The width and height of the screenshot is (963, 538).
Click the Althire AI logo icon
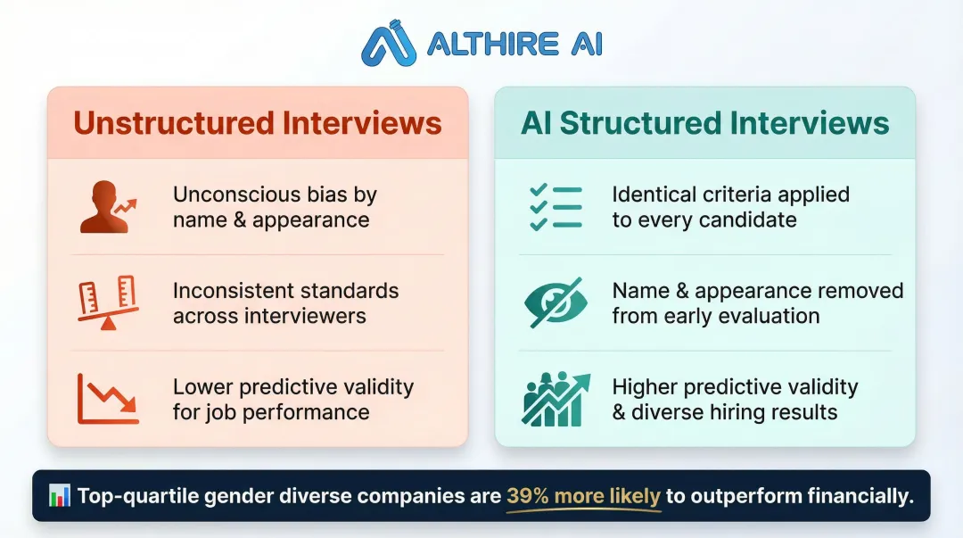point(390,44)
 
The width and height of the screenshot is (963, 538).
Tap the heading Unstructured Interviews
point(258,123)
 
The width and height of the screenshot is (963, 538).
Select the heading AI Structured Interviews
point(705,123)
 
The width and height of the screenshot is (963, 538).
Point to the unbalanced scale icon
point(108,303)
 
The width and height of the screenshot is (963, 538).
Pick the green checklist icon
point(555,207)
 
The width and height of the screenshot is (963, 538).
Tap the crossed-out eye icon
point(555,303)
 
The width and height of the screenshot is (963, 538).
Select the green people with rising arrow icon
point(555,399)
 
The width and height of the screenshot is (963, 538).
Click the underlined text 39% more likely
point(583,497)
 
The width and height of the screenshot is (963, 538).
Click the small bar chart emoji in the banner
point(60,496)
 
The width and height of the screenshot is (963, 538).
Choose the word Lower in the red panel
point(202,387)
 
